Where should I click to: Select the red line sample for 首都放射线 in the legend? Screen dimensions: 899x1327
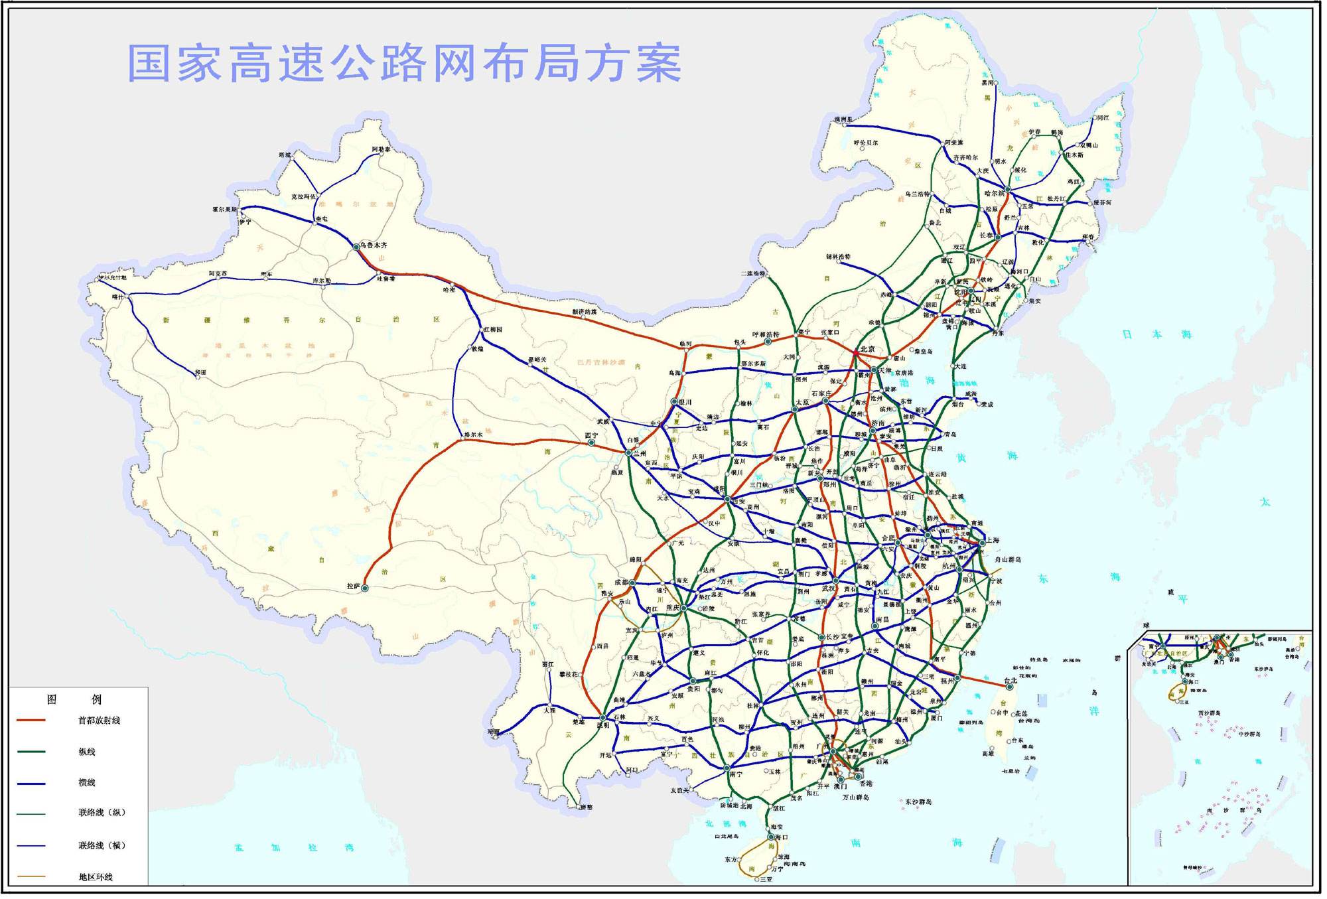click(31, 721)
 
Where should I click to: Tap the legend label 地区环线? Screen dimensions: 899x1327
click(96, 877)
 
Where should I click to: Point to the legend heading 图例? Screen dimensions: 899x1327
click(74, 699)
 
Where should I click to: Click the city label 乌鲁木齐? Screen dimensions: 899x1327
click(374, 245)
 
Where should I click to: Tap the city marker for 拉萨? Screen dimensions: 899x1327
click(365, 588)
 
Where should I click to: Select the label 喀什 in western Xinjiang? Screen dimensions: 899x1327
click(118, 297)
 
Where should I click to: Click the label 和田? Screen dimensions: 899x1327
click(200, 372)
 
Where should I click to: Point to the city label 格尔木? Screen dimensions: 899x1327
click(473, 435)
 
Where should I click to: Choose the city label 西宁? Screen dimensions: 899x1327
click(591, 435)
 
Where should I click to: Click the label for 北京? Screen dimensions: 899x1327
click(867, 349)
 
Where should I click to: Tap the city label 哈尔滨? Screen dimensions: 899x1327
click(995, 193)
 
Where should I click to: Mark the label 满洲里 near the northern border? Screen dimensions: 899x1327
click(843, 119)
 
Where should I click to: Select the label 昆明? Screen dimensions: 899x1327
click(603, 726)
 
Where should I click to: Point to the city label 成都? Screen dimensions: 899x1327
click(621, 582)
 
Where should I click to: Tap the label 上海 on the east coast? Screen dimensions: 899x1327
click(993, 540)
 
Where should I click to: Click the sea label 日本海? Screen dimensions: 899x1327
click(1156, 334)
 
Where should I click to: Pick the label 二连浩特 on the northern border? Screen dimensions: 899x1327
click(753, 273)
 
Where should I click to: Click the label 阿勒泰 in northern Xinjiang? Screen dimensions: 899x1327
click(381, 149)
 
